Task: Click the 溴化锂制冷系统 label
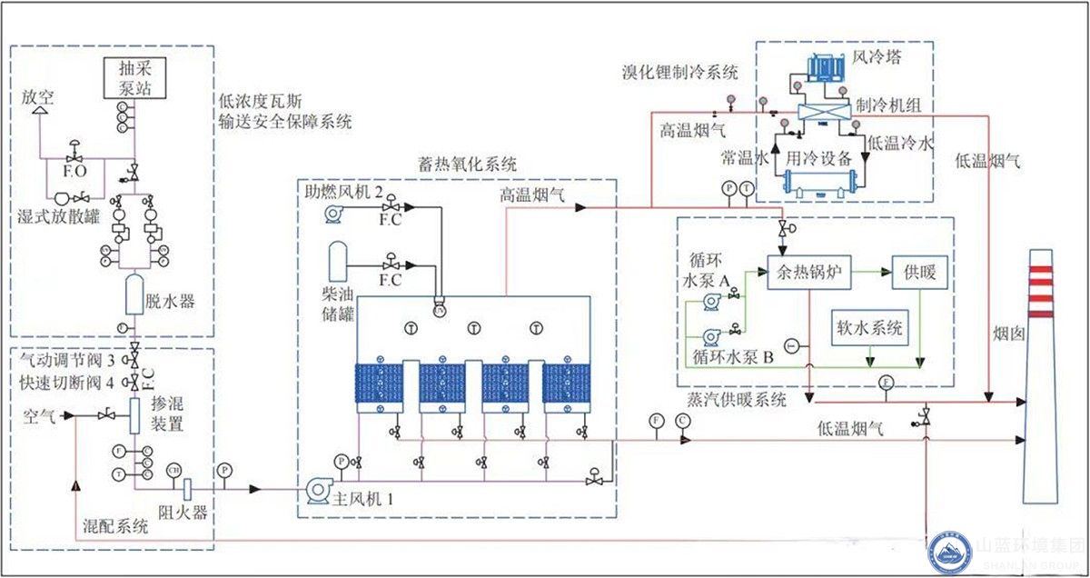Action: (678, 72)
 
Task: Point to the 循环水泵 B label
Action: (733, 358)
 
